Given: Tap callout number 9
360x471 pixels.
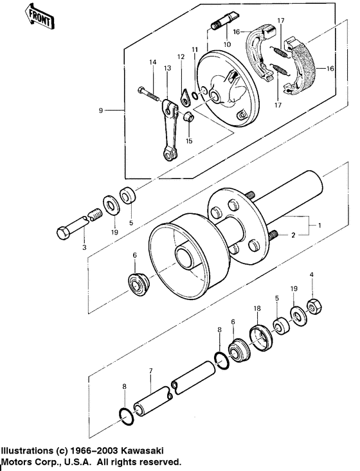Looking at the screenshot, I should [x=101, y=111].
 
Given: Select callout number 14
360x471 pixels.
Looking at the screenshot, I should [x=153, y=62].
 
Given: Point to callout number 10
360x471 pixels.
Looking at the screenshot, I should [x=226, y=44].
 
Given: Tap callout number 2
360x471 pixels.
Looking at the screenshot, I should [x=293, y=236].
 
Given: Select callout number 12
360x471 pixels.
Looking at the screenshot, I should [x=181, y=57].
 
